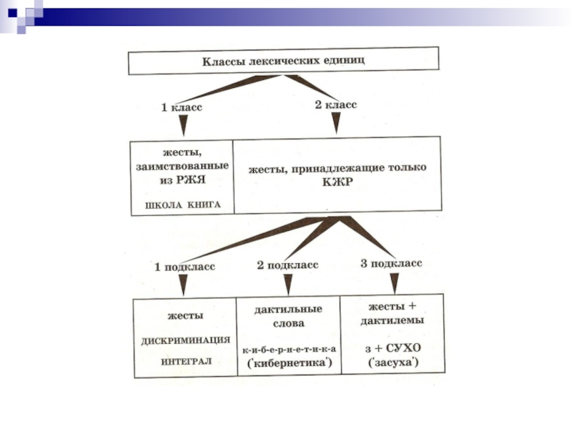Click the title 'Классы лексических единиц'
click(283, 61)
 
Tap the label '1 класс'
click(182, 107)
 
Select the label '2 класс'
click(336, 104)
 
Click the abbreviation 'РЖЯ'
click(192, 180)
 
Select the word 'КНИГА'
click(204, 204)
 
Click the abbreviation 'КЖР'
click(337, 182)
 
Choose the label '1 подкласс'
click(184, 267)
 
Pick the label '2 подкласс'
click(287, 265)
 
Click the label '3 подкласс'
click(391, 263)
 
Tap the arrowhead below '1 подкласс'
click(183, 285)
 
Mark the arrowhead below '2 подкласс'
click(288, 285)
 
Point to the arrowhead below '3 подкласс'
click(395, 283)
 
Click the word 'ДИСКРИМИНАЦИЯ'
click(186, 341)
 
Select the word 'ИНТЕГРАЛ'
click(186, 362)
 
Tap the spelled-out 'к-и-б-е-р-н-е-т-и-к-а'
click(290, 350)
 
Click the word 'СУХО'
click(403, 348)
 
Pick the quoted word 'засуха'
click(393, 363)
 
